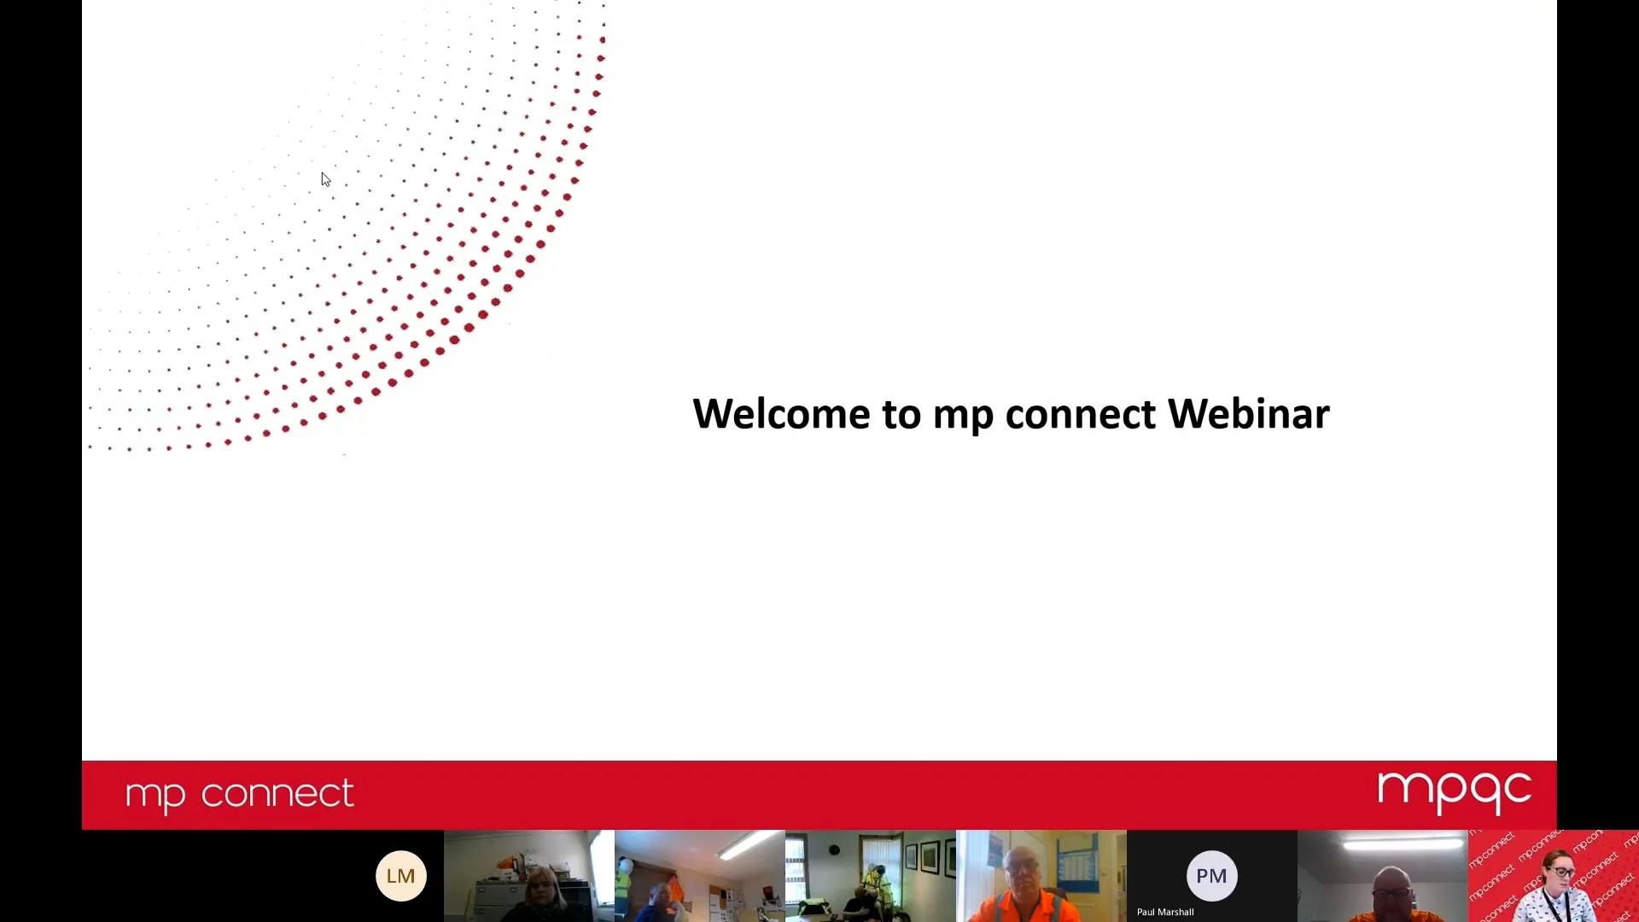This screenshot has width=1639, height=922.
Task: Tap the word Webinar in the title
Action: [x=1248, y=414]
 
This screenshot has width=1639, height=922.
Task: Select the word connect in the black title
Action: [x=1080, y=414]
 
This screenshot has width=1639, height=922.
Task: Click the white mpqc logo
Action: [x=1454, y=791]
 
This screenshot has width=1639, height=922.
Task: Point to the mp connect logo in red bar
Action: [x=239, y=794]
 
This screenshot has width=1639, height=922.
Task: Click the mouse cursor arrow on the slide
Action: [x=325, y=179]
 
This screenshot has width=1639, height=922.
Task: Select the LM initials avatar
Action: [x=400, y=875]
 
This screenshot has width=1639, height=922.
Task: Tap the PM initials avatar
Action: [x=1211, y=875]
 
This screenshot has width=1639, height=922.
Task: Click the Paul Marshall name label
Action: [x=1164, y=912]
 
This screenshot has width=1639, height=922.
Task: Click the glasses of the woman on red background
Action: [x=1561, y=872]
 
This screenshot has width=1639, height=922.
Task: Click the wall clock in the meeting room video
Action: [x=834, y=849]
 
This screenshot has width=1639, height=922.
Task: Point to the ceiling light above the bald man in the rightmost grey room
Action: [x=1402, y=843]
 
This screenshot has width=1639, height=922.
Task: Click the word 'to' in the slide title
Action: [x=901, y=414]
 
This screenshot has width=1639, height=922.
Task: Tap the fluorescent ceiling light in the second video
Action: [x=750, y=845]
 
